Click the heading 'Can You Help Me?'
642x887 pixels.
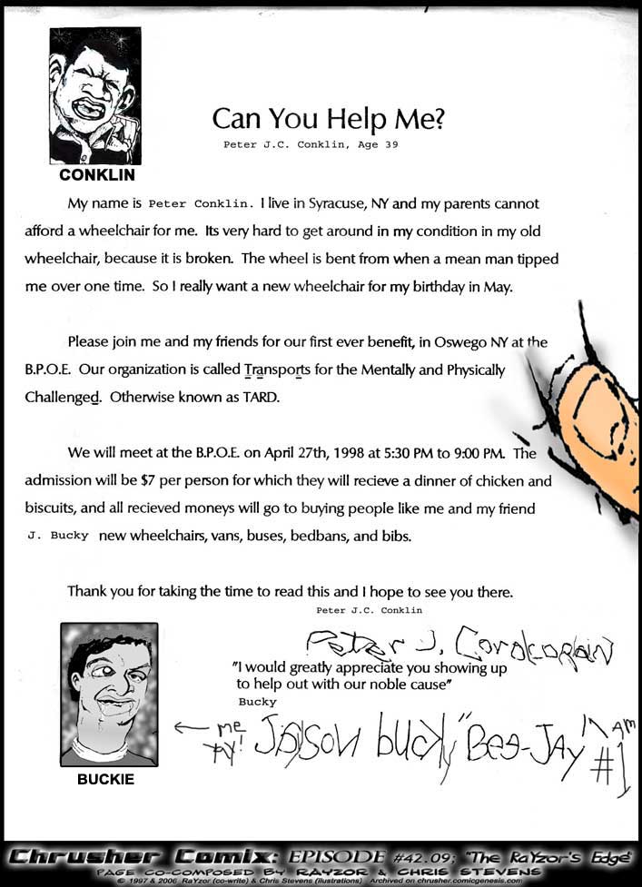pyautogui.click(x=328, y=119)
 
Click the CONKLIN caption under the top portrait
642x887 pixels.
pyautogui.click(x=96, y=174)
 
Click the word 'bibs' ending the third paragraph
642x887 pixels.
pyautogui.click(x=396, y=536)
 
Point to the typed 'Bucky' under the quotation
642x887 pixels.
pyautogui.click(x=257, y=702)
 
